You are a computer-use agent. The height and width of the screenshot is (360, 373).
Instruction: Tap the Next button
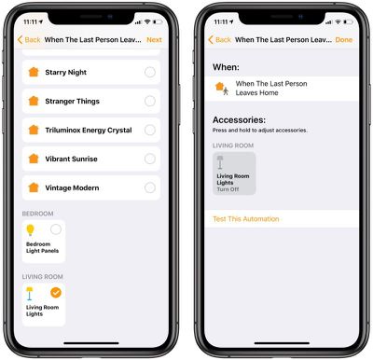(x=154, y=40)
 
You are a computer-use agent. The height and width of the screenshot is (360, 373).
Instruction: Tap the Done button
(x=344, y=40)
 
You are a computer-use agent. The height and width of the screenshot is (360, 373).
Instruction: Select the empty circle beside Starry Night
(x=150, y=72)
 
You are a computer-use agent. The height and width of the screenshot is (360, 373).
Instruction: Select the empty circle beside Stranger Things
(x=150, y=101)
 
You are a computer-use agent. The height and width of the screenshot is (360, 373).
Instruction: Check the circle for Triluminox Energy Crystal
(x=150, y=130)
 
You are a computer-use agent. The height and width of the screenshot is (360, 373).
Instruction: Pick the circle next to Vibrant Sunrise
(x=150, y=159)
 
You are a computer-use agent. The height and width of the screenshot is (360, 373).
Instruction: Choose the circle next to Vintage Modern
(x=150, y=187)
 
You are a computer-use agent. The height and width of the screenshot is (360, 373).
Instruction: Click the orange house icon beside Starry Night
(x=34, y=72)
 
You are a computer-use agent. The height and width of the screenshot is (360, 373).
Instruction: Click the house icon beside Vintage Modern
(x=34, y=187)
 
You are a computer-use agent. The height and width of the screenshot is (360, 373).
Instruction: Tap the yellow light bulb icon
(x=30, y=230)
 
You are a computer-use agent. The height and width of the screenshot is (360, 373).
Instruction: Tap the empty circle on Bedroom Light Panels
(x=56, y=229)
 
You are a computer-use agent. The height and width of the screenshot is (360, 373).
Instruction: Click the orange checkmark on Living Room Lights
(x=56, y=293)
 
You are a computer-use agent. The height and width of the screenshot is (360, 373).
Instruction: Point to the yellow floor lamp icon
(x=30, y=294)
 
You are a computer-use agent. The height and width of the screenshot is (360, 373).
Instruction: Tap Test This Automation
(x=246, y=219)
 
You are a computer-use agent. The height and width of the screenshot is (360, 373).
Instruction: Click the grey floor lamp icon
(x=220, y=162)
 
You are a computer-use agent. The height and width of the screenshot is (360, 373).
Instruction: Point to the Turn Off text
(x=228, y=189)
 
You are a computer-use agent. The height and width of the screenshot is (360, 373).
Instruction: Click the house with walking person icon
(x=222, y=89)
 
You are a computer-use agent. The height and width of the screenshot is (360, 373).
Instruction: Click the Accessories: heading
(x=239, y=120)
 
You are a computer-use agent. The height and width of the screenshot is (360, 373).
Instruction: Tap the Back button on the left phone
(x=29, y=40)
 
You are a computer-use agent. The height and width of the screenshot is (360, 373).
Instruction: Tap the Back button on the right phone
(x=219, y=40)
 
